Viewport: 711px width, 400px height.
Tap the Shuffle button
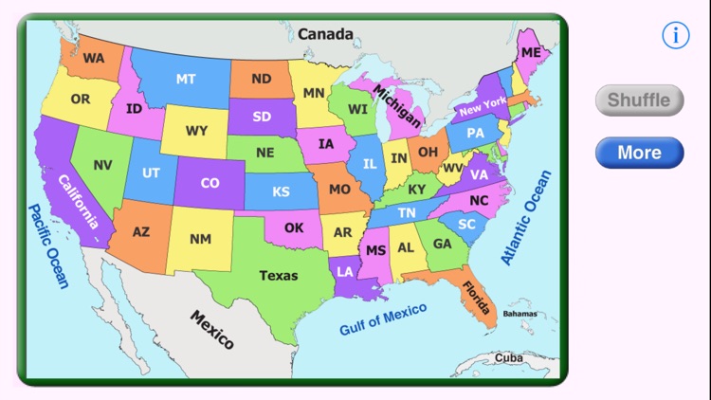639,100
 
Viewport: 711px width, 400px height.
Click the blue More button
639,153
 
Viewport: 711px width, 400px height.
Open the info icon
675,36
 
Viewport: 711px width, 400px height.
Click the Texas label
279,276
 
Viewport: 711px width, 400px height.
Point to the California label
79,202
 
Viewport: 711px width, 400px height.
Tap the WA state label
93,58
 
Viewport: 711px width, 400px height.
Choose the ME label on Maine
530,52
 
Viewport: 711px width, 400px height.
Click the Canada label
325,34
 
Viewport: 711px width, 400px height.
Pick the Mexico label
212,329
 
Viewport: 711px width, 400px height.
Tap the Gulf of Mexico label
383,318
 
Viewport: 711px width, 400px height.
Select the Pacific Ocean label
48,245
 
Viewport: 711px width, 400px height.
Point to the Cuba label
508,358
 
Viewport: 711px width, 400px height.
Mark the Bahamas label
520,313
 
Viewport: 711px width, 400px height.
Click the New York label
483,106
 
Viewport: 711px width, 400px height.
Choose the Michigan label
397,105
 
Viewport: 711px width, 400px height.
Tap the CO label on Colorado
210,183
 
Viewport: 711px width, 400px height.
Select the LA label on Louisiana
344,271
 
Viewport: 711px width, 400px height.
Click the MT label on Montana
186,79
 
